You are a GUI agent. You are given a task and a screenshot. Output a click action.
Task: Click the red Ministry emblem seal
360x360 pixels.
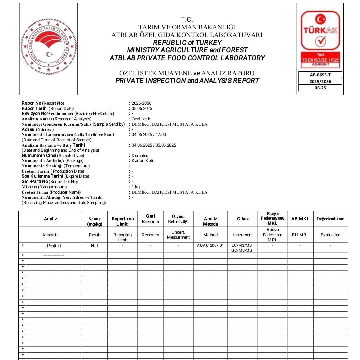tap(49, 46)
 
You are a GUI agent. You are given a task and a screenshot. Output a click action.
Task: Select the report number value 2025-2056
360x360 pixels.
tap(141, 103)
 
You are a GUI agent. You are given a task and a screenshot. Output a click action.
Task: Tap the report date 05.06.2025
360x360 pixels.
tap(142, 109)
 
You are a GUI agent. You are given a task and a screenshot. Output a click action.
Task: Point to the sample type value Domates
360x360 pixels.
tap(140, 156)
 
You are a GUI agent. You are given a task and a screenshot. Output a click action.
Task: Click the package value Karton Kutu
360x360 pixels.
tap(143, 161)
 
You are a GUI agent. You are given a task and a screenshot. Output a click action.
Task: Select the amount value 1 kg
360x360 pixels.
tap(136, 187)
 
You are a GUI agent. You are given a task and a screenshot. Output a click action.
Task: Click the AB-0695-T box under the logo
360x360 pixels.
tap(320, 75)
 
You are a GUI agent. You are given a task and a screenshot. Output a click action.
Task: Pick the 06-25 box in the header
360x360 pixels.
tap(320, 88)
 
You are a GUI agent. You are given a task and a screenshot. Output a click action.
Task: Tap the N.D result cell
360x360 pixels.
tap(95, 246)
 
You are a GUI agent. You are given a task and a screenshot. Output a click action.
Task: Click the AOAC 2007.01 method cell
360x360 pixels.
tap(210, 246)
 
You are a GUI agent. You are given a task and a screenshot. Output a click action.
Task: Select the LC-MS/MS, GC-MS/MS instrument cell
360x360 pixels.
tap(242, 248)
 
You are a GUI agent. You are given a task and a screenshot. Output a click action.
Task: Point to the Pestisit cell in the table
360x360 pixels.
tap(54, 246)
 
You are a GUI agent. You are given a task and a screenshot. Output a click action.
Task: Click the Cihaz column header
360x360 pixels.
tap(243, 219)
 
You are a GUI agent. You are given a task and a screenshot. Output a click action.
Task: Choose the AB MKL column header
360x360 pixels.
tap(300, 219)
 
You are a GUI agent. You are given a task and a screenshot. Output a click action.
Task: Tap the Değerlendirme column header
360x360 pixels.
tap(330, 219)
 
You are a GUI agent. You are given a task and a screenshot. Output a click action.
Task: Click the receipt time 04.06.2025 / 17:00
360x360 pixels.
tap(149, 135)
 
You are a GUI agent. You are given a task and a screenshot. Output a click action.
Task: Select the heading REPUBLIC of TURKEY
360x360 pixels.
tap(187, 43)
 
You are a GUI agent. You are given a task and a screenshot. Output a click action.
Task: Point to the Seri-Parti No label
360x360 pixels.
tap(35, 182)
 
